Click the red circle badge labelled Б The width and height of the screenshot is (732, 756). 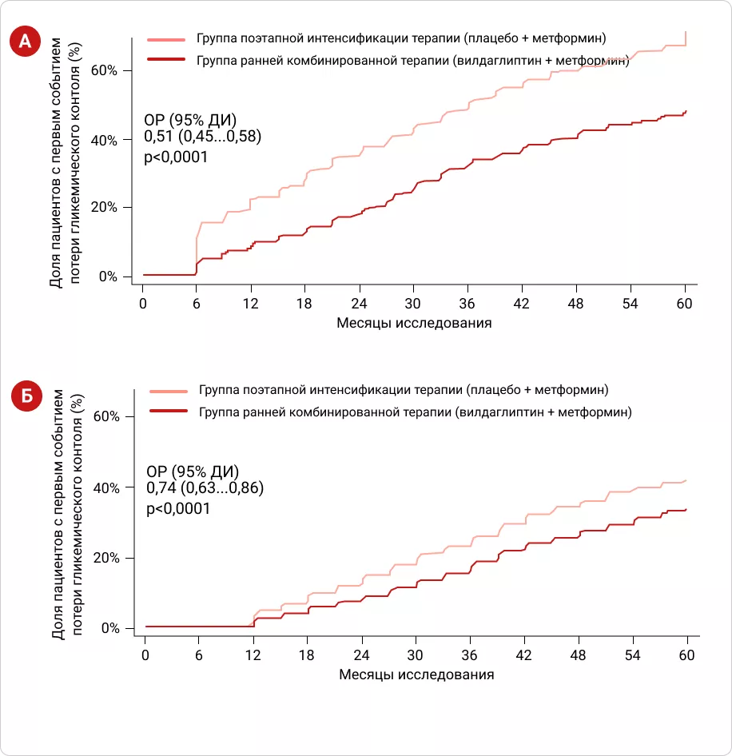[x=26, y=396]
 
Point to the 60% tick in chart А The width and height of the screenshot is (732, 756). [x=105, y=70]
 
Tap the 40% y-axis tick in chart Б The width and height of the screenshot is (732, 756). [x=108, y=487]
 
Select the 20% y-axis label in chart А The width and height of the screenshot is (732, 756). [x=105, y=208]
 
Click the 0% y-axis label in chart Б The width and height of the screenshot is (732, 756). [x=111, y=628]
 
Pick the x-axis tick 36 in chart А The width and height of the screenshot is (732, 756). [x=468, y=303]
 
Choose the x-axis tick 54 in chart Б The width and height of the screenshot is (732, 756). [x=633, y=655]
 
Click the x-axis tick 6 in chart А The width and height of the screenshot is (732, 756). [x=197, y=303]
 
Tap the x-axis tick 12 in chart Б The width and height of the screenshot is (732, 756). [x=253, y=655]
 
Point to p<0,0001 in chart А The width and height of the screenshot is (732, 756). [x=176, y=157]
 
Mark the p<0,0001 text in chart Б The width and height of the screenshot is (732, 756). [x=178, y=508]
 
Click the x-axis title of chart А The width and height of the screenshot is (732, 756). [x=414, y=323]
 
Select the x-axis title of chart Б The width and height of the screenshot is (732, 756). [x=416, y=674]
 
